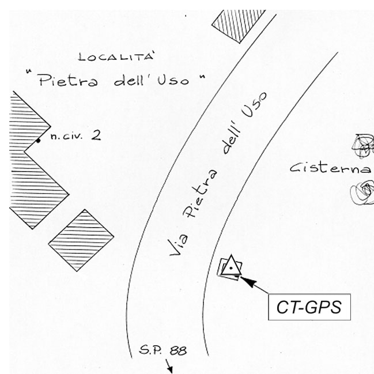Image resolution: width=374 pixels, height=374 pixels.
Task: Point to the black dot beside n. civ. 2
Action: point(39,140)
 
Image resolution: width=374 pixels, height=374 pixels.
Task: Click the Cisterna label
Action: point(329,168)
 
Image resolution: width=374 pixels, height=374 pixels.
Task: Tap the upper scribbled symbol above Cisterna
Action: point(364,145)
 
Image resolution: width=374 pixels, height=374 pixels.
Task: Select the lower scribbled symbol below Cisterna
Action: point(362,191)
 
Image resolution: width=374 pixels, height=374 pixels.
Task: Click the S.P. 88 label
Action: point(164,350)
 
